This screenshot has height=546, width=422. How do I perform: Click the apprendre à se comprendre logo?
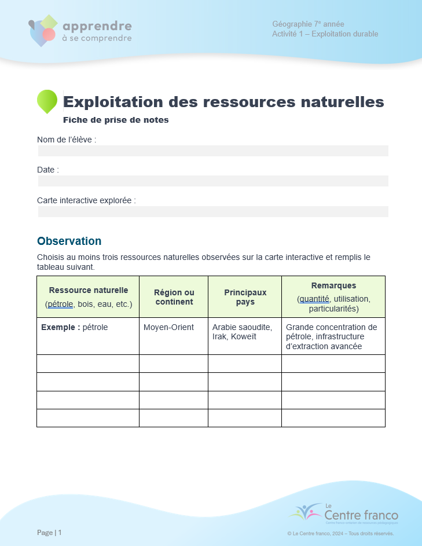click(x=80, y=31)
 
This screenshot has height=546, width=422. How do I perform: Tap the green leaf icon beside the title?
click(x=47, y=101)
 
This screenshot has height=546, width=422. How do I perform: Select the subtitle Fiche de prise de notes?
click(x=116, y=120)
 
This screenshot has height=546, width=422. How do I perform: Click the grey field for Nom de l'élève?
click(x=213, y=151)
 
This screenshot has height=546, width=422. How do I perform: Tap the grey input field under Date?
click(x=213, y=181)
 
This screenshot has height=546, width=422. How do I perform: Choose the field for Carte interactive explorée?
click(x=213, y=211)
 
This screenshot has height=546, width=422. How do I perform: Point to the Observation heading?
click(x=69, y=241)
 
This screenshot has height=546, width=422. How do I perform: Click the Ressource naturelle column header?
click(x=88, y=296)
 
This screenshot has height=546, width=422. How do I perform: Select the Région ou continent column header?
click(x=174, y=297)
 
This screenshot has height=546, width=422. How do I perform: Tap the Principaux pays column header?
click(x=245, y=297)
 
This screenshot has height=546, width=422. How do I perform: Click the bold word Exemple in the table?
click(x=60, y=327)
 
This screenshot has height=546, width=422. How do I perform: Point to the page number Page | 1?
click(x=49, y=532)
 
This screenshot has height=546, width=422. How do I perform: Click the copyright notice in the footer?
click(x=340, y=533)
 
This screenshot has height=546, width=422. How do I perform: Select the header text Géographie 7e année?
click(x=308, y=24)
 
